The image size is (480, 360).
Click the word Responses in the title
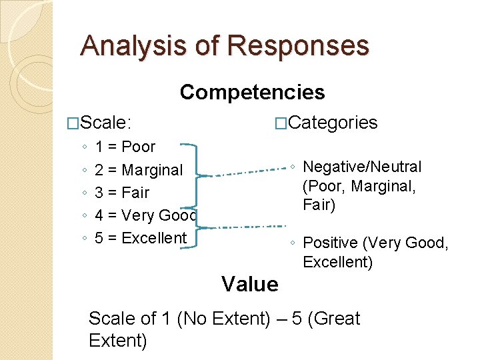[298, 46]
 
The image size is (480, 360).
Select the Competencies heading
[252, 92]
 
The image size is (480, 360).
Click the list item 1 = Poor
[125, 147]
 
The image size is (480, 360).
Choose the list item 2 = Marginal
[138, 170]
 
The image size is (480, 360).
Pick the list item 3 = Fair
[122, 193]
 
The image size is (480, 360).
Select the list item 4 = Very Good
[145, 215]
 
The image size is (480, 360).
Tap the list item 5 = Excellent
[141, 238]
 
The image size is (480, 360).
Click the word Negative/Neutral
[362, 167]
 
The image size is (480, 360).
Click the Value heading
[250, 285]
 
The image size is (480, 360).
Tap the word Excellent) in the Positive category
[337, 262]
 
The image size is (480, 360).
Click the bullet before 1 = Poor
[82, 147]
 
